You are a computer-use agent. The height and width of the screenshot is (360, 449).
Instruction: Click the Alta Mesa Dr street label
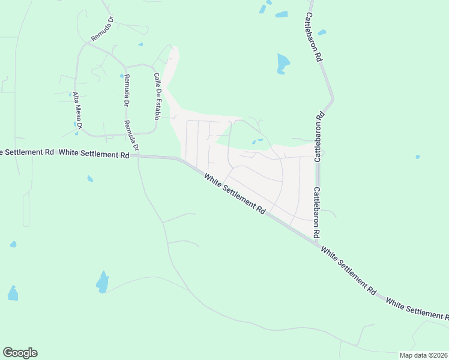point(77,112)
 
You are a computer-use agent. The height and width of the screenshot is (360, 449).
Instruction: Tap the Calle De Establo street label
point(158,96)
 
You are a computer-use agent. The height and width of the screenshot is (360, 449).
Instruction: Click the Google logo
point(20,353)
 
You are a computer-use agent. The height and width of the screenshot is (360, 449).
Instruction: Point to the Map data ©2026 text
point(424,355)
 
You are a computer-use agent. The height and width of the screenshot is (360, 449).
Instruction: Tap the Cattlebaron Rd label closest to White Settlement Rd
point(316,211)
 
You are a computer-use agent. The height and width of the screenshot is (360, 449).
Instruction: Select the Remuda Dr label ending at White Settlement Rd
point(131,136)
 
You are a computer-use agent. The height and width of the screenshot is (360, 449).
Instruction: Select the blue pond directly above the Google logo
point(13,293)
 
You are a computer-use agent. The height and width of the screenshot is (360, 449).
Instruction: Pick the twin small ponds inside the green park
point(257,142)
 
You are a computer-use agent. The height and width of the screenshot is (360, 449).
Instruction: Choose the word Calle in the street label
point(156,80)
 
